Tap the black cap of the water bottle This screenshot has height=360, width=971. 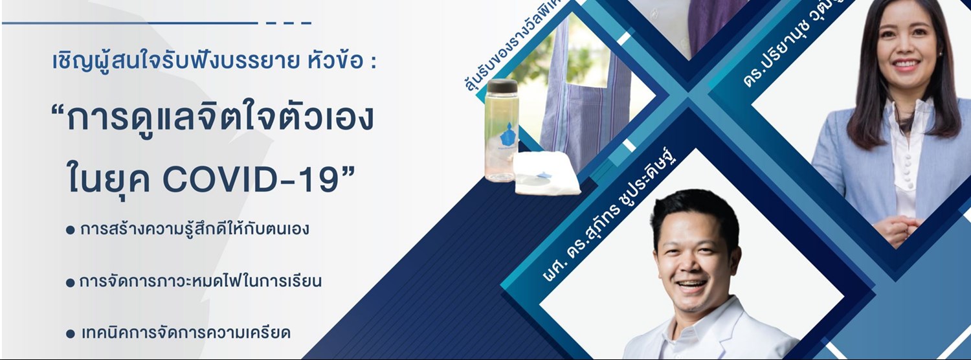[502, 86]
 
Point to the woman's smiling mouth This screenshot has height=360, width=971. [906, 65]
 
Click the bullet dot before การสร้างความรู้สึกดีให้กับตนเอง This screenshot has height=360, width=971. [71, 231]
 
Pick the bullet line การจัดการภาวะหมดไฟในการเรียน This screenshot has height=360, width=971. [200, 282]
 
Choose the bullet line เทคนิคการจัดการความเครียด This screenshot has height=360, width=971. [184, 333]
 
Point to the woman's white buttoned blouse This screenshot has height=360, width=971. [906, 155]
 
